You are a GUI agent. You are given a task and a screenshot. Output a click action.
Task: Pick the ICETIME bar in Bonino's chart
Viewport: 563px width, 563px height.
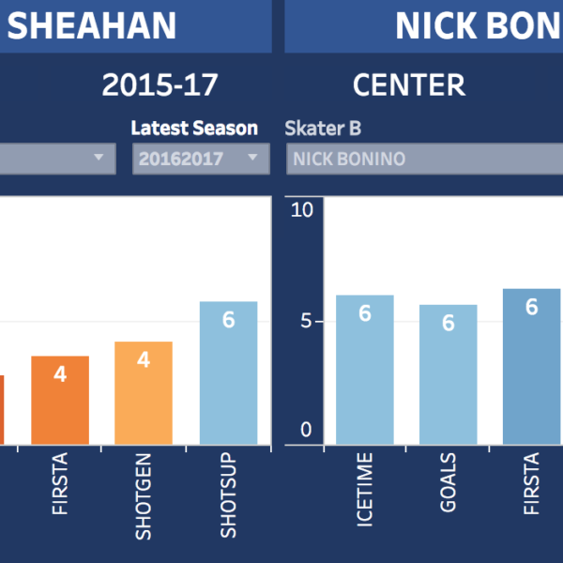coord(364,375)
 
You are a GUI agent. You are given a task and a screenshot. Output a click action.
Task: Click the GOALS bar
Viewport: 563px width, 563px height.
coord(448,380)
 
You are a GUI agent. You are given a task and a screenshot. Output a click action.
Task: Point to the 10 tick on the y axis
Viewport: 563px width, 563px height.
coord(301,209)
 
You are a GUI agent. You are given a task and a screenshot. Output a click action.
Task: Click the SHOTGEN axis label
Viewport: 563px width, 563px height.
coord(144,497)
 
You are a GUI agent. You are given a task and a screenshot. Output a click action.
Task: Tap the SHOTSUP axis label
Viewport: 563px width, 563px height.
coord(228,497)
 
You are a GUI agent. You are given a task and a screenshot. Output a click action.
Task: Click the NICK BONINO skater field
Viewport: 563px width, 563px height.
coord(422,159)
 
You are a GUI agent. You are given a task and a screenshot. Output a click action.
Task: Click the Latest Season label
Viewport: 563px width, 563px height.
coord(194,128)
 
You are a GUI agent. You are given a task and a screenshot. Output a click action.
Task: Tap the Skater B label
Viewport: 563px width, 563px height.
coord(323,129)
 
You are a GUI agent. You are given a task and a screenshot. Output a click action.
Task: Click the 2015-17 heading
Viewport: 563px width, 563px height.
coord(160,85)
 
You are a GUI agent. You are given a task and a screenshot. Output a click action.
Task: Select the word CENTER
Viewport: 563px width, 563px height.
coord(409,85)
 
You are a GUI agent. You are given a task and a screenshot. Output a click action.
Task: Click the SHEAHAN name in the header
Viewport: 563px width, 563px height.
coord(91,26)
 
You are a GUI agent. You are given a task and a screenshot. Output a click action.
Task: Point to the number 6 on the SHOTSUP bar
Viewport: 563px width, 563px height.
coord(228,319)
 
